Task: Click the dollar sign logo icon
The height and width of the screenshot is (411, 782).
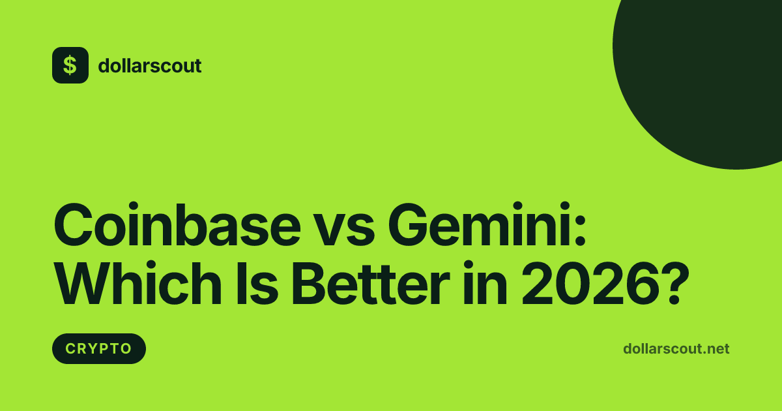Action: point(70,65)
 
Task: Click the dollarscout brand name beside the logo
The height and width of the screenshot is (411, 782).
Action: point(149,66)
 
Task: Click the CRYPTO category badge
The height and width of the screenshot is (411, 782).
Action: point(98,348)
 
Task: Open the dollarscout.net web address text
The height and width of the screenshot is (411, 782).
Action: point(676,348)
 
